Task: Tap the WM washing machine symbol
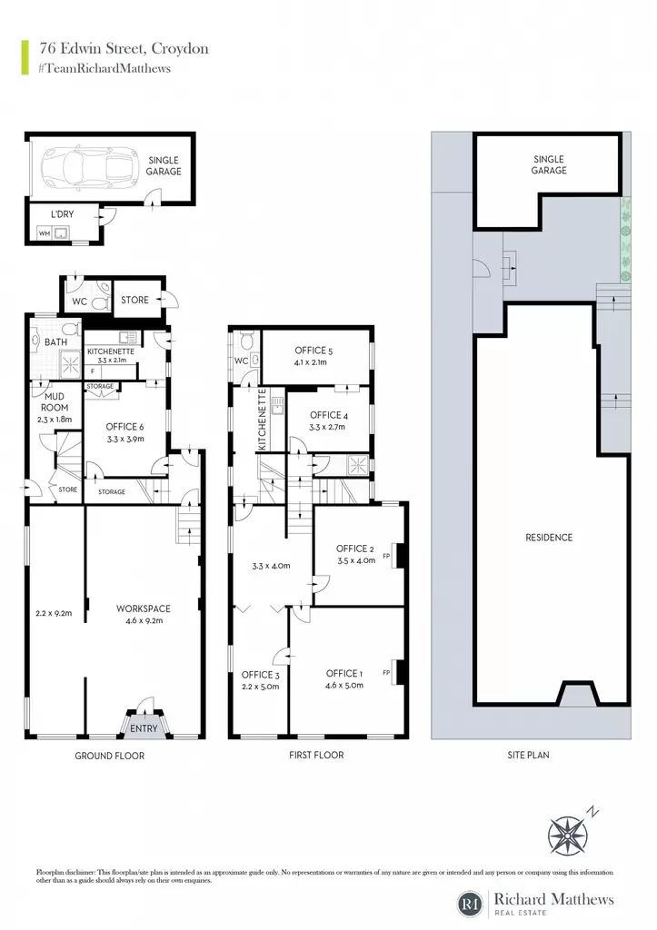45,233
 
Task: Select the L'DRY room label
62,214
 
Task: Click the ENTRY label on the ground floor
144,728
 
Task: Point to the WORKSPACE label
143,608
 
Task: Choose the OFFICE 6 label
124,427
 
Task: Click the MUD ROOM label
54,401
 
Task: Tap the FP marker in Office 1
386,673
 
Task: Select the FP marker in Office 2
386,556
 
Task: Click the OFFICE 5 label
314,351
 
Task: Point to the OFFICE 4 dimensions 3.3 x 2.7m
327,427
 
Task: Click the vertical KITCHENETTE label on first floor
263,419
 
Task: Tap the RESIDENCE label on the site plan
549,538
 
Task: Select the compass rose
568,835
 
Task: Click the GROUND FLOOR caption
110,756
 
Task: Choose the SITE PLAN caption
528,755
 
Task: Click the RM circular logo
472,904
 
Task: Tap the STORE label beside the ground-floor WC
134,300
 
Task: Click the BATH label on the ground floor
55,342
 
